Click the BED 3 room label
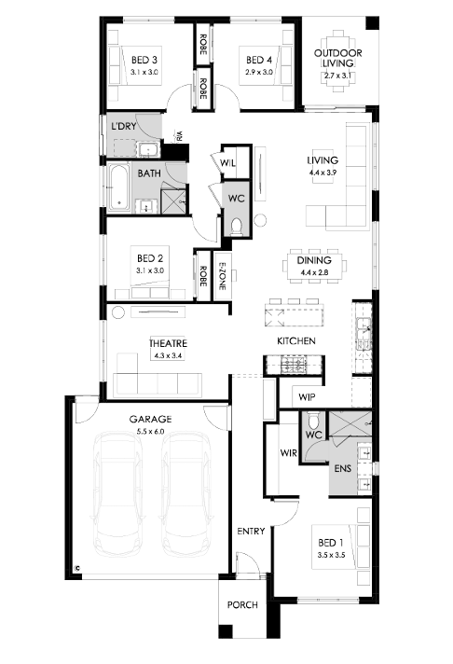coord(144,60)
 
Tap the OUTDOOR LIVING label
coord(337,58)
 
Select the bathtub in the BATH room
coord(118,187)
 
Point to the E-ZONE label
coord(222,276)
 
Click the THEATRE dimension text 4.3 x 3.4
coord(168,355)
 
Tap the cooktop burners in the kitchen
coord(294,365)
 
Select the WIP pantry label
coord(307,397)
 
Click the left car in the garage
coord(117,494)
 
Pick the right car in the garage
coord(185,494)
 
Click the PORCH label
coord(242,604)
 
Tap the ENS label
coord(342,468)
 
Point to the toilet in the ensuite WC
coord(313,421)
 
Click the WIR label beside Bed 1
coord(288,453)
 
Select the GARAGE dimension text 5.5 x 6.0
coord(150,432)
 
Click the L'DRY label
coord(124,126)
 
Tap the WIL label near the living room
coord(227,163)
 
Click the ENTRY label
coord(251,531)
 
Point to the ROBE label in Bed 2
coord(203,276)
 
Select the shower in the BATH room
coord(173,201)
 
